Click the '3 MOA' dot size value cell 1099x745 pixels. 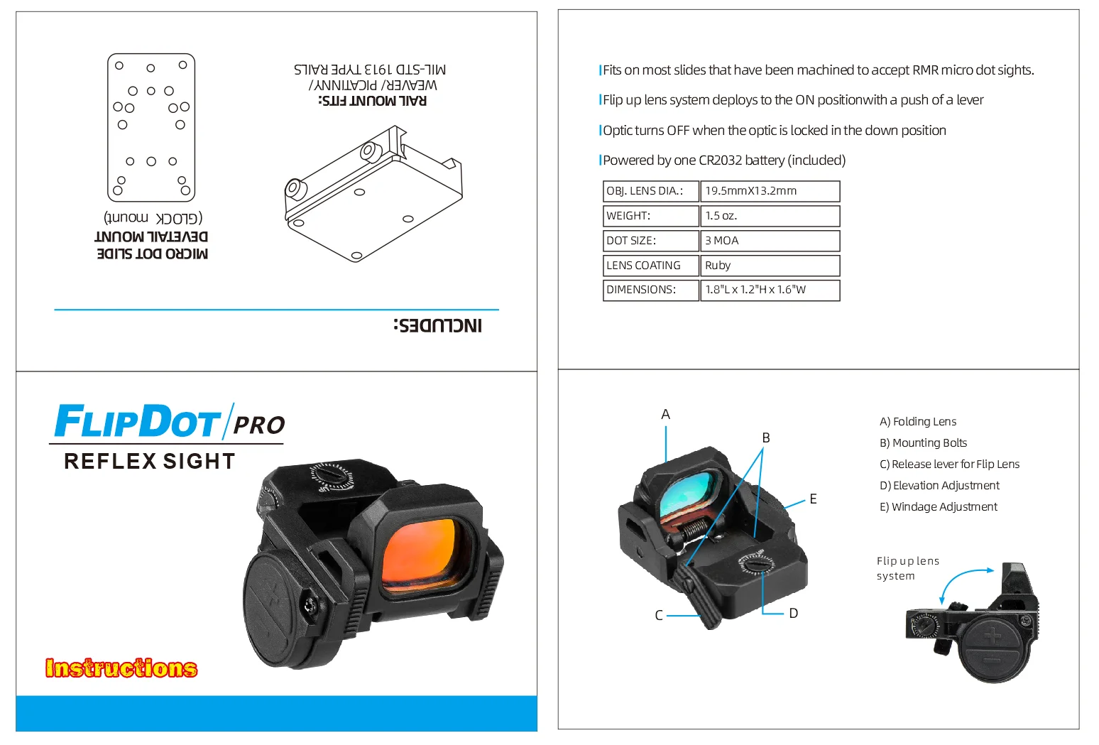(770, 241)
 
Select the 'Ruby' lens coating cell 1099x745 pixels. (770, 266)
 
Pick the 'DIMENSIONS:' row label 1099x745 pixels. (641, 290)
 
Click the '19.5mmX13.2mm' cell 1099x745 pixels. (770, 192)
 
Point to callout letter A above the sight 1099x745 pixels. (665, 415)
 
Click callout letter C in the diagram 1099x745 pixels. (659, 616)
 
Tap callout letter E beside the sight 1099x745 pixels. (813, 499)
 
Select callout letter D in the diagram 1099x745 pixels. (793, 614)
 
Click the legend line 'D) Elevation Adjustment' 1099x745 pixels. (939, 486)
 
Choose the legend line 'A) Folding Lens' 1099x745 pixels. (917, 422)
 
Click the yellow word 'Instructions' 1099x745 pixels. (121, 668)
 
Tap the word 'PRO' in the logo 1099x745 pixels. (259, 425)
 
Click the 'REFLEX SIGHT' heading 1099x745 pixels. (150, 462)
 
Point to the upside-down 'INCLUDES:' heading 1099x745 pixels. (438, 325)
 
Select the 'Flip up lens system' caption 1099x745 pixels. (907, 568)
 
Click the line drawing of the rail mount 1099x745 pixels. (373, 194)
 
